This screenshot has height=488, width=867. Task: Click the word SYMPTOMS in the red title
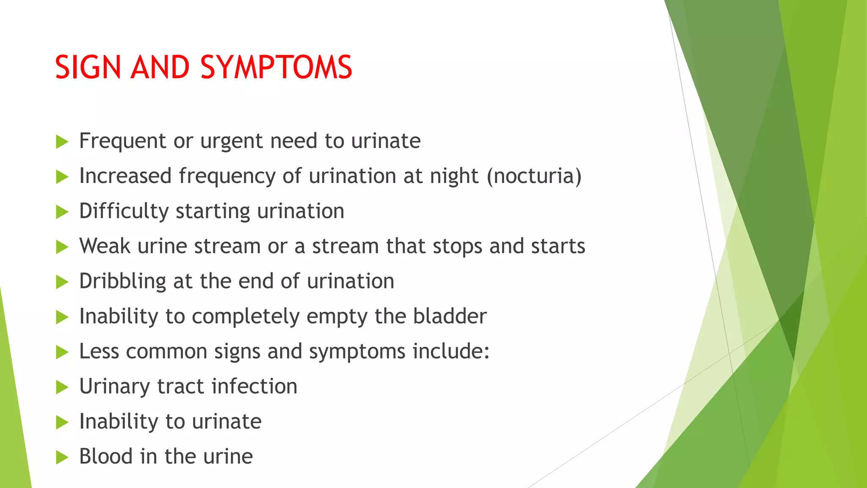(x=276, y=67)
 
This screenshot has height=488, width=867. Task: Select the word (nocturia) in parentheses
(x=534, y=176)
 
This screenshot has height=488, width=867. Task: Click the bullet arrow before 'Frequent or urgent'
(x=62, y=142)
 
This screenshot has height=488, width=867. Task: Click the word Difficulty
(x=124, y=211)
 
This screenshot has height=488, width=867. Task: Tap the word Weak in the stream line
(x=105, y=246)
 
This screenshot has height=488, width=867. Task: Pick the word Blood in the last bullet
(x=106, y=457)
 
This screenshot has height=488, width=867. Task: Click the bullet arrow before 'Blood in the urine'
(x=62, y=457)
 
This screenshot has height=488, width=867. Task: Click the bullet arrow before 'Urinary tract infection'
(x=62, y=387)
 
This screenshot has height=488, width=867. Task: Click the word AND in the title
(x=160, y=67)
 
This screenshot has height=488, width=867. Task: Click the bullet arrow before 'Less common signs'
(x=62, y=352)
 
